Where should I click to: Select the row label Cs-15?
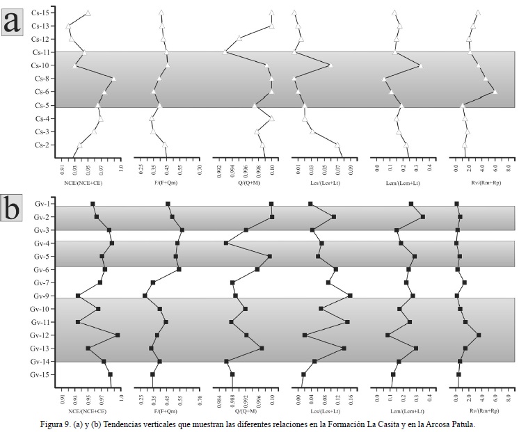pos(40,13)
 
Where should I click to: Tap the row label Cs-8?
pos(42,79)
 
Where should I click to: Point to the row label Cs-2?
pos(42,145)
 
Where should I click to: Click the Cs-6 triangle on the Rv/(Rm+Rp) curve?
pos(495,92)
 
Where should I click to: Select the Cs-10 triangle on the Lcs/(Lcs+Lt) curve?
pos(330,65)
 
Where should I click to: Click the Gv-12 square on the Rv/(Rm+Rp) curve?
pos(479,335)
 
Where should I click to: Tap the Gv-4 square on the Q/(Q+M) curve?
pos(226,243)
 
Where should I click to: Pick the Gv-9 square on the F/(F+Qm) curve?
pos(145,296)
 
